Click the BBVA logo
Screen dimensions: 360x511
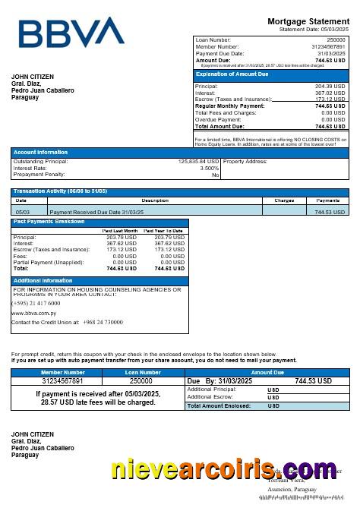coord(71,33)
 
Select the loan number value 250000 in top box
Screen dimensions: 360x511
coord(335,39)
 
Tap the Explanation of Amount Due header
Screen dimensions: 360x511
coord(232,74)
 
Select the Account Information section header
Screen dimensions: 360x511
coord(40,153)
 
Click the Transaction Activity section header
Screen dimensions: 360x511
coord(60,191)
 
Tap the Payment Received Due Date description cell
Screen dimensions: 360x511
coord(96,212)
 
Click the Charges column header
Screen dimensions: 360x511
coord(284,200)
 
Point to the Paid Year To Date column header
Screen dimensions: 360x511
coord(163,230)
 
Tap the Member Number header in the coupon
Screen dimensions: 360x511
coord(63,372)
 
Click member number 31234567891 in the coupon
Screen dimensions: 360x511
coord(63,380)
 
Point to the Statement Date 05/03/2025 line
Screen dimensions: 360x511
coord(312,29)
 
